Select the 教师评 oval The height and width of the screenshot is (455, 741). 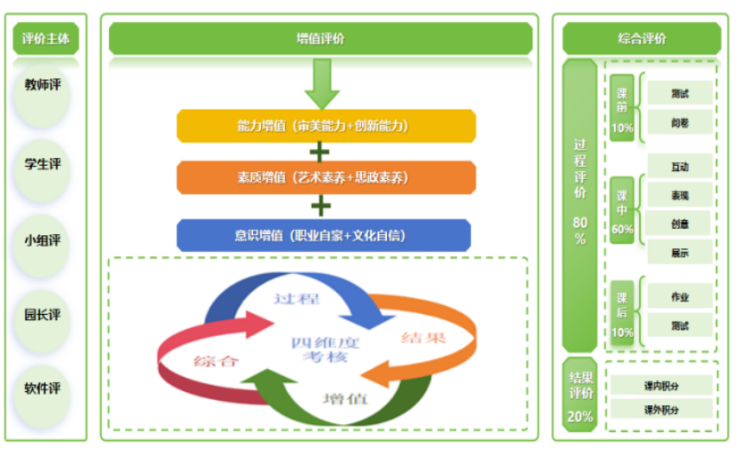(x=43, y=85)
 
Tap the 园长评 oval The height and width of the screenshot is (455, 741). (x=43, y=314)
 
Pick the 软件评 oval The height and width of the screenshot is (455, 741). (x=43, y=388)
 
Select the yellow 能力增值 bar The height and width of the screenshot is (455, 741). (x=326, y=126)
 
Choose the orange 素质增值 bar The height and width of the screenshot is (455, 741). (x=326, y=177)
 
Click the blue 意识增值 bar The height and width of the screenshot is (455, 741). (x=323, y=235)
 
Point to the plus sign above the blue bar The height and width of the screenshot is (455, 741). (x=320, y=206)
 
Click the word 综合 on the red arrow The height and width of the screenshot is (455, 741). (x=216, y=360)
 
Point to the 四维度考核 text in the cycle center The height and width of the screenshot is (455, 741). (x=324, y=349)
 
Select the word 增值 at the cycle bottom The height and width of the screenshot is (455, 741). (x=345, y=398)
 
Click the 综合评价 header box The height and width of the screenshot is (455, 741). (x=642, y=39)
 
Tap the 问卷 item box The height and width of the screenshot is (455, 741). (x=680, y=122)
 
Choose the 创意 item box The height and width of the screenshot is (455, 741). (x=680, y=224)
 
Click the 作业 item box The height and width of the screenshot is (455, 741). (x=680, y=297)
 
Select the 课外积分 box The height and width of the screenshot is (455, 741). (x=661, y=409)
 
